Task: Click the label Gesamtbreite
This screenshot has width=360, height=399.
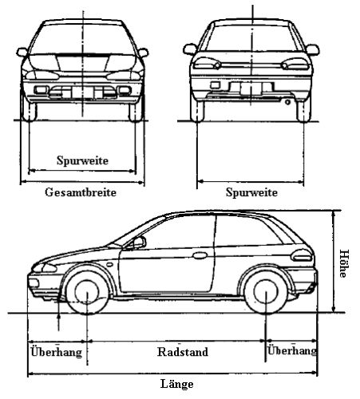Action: point(81,192)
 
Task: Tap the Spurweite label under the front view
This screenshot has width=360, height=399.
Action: point(82,160)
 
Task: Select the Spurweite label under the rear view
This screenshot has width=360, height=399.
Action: point(251,192)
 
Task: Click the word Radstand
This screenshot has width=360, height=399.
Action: point(183,352)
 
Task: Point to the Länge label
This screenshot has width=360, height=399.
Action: point(177,384)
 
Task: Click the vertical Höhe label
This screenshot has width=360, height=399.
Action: point(344,263)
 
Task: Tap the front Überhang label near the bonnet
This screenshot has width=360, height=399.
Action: point(57,352)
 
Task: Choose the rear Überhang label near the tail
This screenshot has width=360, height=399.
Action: point(292,350)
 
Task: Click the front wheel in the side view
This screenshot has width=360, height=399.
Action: point(87,293)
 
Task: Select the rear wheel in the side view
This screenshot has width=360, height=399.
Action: point(266,292)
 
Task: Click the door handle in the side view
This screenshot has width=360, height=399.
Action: point(200,255)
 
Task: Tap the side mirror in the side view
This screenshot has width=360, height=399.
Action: point(139,243)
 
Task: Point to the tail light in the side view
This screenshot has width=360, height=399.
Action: point(302,255)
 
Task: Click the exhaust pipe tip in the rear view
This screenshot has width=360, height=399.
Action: point(287,102)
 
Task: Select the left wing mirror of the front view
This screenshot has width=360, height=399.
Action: point(22,52)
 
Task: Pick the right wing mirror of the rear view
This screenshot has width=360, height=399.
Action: point(312,49)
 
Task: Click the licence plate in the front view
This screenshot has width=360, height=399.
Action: point(82,92)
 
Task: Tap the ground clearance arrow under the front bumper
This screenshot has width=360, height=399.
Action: point(59,322)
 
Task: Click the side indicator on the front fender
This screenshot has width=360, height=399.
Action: point(109,265)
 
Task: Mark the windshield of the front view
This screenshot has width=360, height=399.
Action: point(82,40)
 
